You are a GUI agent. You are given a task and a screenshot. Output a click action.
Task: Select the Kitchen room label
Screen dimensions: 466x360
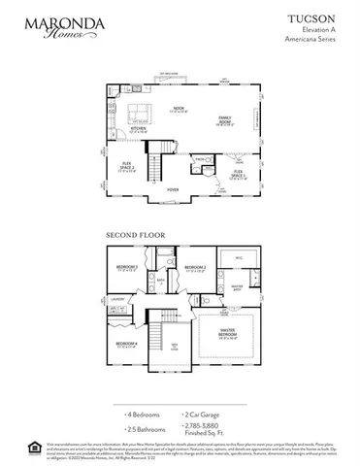139,129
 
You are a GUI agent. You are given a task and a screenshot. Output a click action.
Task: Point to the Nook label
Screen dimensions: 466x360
179,109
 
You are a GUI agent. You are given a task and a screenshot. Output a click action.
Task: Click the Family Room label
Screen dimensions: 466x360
224,120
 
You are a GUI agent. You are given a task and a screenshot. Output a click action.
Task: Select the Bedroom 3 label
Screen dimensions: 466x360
126,267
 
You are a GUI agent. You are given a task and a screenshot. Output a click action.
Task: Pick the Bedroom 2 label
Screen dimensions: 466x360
197,267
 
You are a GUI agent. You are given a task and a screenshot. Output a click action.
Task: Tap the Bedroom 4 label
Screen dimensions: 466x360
126,345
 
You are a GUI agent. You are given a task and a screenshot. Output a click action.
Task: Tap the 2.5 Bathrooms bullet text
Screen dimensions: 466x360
137,427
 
